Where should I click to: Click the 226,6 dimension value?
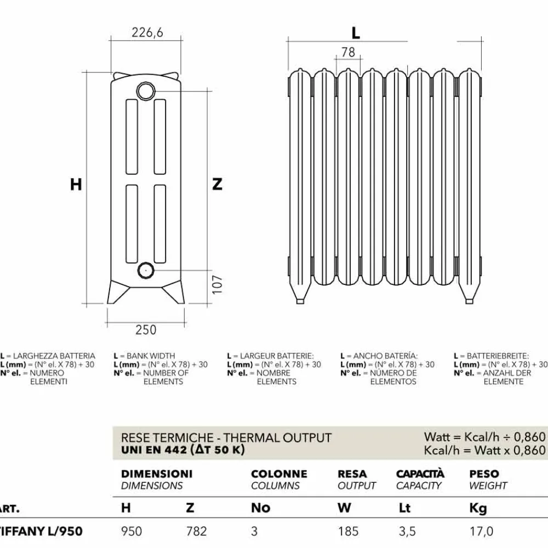tap(147, 32)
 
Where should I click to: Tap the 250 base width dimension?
tap(146, 329)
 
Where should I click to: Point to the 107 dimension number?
tap(217, 284)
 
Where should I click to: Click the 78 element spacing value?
tap(348, 52)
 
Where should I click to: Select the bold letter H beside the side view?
tap(76, 184)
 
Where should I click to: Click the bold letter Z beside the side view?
tap(218, 184)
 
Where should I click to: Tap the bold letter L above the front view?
tap(356, 33)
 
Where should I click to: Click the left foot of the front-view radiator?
tap(300, 292)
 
